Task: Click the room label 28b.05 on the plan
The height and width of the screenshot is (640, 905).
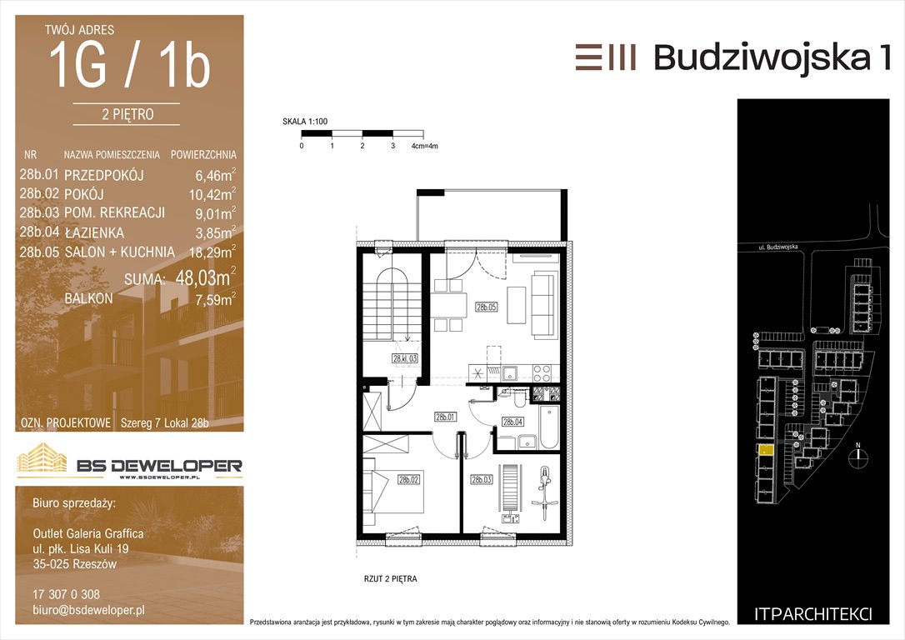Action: (486, 307)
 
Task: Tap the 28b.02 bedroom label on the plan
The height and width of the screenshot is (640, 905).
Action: (408, 479)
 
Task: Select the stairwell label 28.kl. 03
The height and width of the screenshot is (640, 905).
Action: (405, 358)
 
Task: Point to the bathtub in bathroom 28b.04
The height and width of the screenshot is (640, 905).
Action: (549, 427)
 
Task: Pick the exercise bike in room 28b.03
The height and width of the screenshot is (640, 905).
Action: (544, 488)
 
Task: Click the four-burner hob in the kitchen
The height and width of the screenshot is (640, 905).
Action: (542, 373)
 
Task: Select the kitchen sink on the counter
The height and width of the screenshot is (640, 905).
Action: (510, 373)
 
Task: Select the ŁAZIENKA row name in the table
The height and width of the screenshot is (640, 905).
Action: (94, 232)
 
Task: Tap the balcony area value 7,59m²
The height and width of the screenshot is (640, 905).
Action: (215, 299)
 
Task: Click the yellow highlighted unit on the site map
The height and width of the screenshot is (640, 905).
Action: (765, 449)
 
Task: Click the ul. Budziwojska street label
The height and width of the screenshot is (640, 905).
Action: (778, 247)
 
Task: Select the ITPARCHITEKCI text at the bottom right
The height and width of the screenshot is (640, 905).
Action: (812, 615)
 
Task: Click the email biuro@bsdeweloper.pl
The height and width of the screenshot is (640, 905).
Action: (88, 610)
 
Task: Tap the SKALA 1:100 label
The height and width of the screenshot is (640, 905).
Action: (305, 121)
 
